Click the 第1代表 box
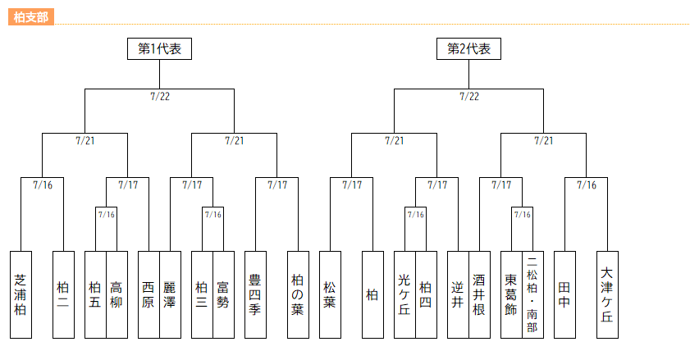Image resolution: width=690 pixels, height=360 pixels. point(159,48)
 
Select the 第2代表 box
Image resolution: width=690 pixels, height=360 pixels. point(468,48)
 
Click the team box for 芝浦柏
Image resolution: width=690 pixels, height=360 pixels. point(21,294)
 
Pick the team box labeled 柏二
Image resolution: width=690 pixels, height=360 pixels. point(63,294)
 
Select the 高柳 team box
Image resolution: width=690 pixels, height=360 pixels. point(117,294)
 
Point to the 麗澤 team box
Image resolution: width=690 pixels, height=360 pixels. point(170,294)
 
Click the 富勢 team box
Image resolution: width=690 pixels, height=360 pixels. point(223,294)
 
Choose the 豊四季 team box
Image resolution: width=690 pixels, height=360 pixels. point(255,294)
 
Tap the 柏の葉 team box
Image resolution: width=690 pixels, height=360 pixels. point(298,294)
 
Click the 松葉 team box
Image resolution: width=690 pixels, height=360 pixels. point(330,294)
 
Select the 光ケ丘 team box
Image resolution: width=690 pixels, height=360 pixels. point(404,294)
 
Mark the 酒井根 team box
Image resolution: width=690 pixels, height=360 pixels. point(479,294)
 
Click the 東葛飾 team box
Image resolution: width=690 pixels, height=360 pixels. point(511,294)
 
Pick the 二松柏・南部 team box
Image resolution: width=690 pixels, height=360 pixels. point(532,294)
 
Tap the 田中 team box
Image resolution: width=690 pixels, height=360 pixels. point(564,294)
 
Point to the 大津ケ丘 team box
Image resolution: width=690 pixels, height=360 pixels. point(607,294)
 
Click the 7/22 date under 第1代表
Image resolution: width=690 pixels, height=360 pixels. point(160,96)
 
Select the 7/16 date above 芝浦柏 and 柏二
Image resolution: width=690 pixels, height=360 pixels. point(43,185)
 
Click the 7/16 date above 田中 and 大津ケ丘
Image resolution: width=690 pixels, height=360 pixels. point(587,185)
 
